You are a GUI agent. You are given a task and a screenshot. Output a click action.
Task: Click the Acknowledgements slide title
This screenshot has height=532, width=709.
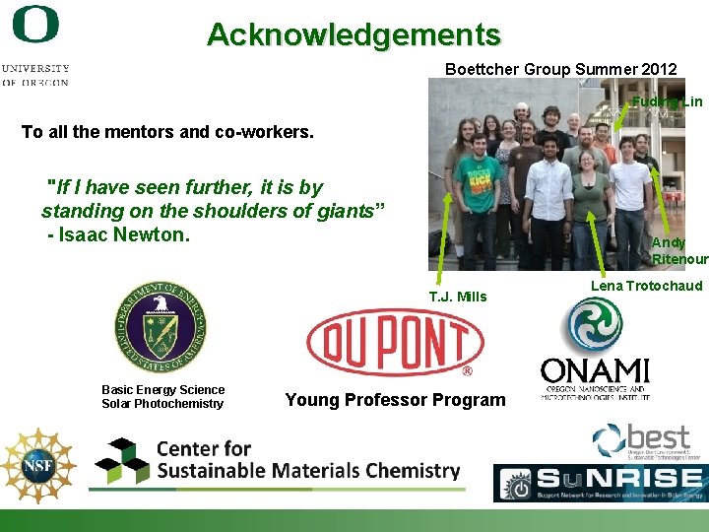click(354, 35)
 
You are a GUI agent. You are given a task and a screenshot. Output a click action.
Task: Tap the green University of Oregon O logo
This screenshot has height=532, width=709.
click(35, 25)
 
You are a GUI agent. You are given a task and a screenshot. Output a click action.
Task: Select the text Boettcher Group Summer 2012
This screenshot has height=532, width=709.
click(560, 69)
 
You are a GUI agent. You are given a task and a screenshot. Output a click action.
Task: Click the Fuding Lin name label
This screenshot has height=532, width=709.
click(667, 101)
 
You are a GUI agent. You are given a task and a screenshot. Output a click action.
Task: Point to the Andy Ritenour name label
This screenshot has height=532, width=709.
click(678, 251)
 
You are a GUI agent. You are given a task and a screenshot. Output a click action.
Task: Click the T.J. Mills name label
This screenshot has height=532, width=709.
click(457, 297)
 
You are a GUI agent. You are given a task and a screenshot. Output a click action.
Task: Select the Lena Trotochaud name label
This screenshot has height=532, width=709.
click(646, 286)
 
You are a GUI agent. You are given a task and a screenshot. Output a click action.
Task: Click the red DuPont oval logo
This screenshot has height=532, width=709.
click(395, 343)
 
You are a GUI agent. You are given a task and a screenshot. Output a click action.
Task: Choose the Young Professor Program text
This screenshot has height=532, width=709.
click(395, 400)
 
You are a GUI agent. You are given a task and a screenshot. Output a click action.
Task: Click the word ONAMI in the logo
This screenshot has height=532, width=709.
click(595, 371)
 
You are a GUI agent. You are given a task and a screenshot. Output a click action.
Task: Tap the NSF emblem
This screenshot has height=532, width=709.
click(37, 466)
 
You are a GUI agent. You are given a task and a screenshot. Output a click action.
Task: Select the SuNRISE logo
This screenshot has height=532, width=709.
click(600, 484)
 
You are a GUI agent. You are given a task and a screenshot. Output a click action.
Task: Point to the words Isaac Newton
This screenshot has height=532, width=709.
click(123, 234)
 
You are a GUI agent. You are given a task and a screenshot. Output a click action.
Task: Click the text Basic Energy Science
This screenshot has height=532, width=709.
click(162, 390)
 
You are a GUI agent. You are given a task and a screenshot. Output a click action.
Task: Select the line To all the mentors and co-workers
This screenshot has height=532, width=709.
click(167, 132)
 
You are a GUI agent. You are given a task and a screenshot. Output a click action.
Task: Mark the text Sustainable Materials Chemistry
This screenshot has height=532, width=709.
click(308, 471)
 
